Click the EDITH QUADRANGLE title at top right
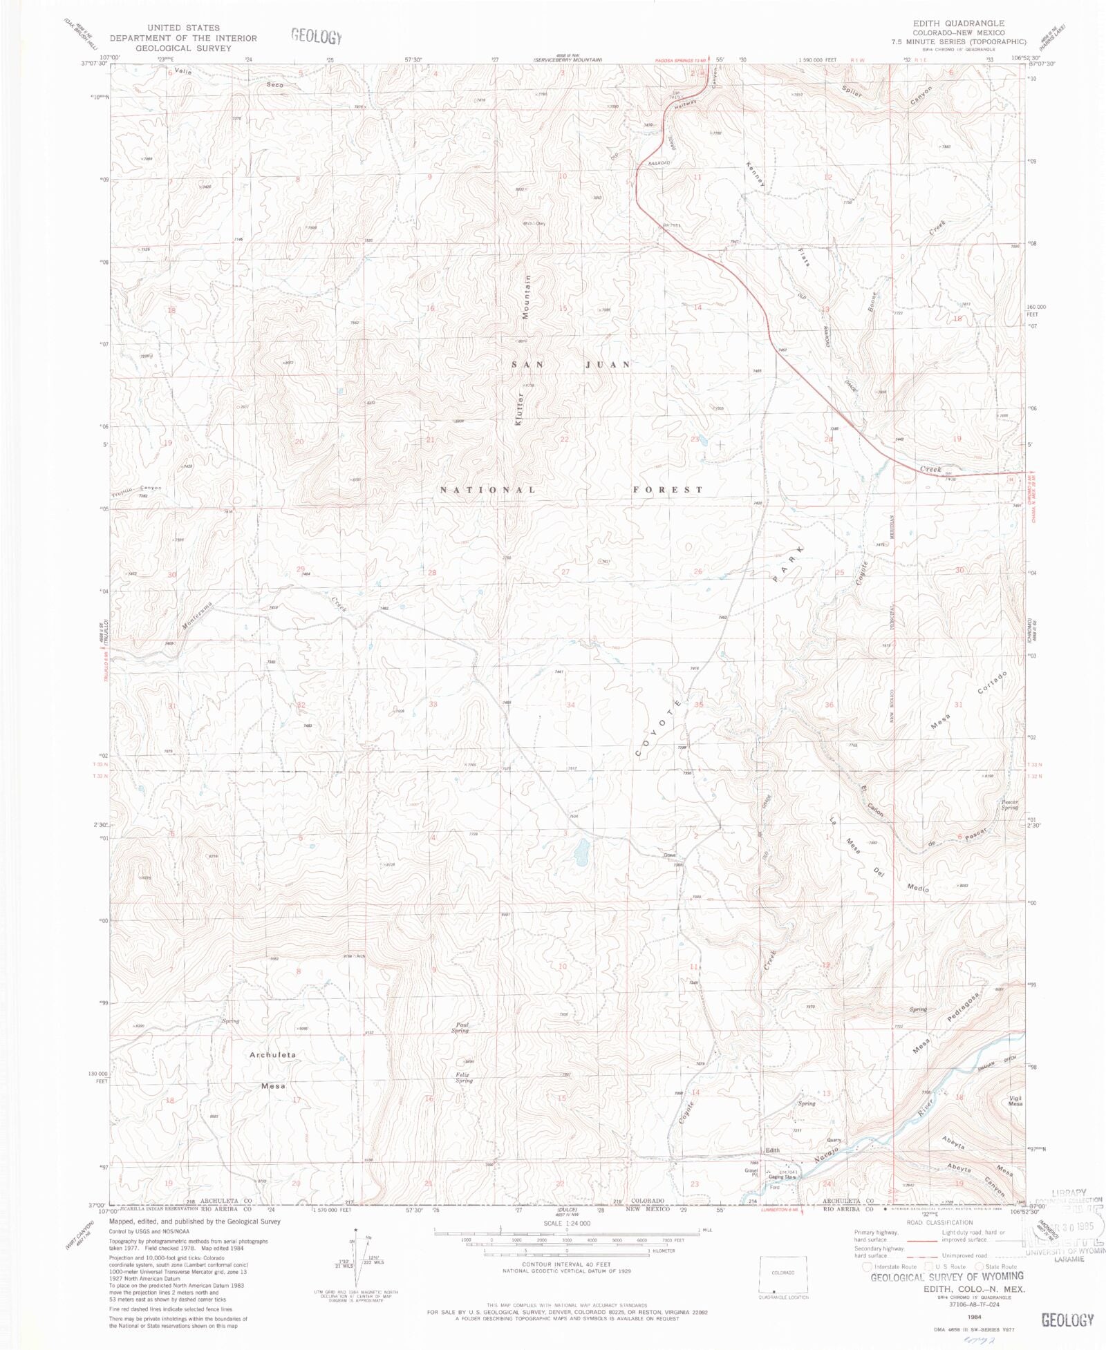tap(959, 23)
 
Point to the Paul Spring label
tap(460, 1027)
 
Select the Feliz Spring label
tap(464, 1077)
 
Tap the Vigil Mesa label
tap(1015, 1101)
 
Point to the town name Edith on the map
tap(772, 1150)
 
